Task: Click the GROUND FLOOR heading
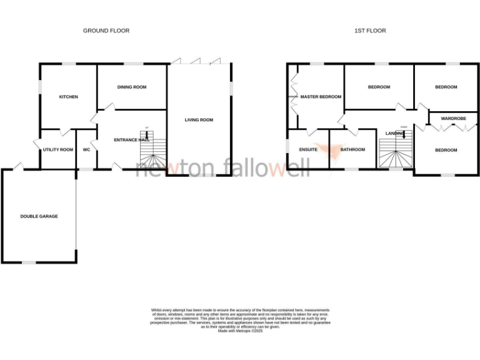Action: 106,30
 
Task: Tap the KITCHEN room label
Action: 68,97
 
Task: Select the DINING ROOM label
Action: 132,87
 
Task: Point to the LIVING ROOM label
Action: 199,120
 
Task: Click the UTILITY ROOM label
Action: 58,150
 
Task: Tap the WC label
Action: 87,150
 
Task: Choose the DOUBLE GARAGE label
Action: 39,216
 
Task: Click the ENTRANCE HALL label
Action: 132,140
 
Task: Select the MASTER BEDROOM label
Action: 321,97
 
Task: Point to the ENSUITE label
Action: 308,150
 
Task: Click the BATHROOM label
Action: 352,150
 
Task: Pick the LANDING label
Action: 396,134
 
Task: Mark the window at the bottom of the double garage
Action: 29,262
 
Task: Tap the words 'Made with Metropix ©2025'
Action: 240,331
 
